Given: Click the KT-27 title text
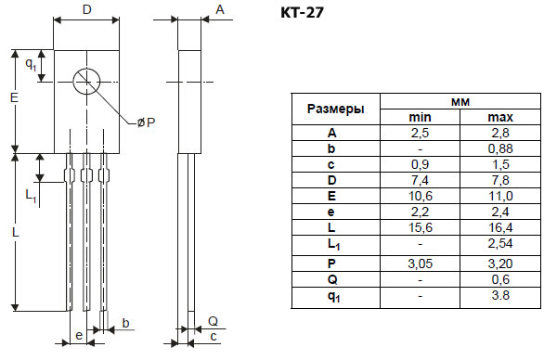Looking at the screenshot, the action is pos(302,13).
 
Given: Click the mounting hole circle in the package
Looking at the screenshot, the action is pos(86,69).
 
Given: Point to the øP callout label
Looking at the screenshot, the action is pos(147,122).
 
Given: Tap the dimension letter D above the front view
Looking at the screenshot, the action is pos(87,9).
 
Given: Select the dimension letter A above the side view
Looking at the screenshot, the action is pos(220,9).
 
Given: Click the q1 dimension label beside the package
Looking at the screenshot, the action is pos(31,64).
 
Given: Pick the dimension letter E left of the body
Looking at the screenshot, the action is pos(14,97).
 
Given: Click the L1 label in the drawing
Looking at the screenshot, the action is pos(31,196).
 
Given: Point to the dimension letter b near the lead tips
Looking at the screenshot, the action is pos(125,323).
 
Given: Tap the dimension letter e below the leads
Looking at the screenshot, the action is pos(79,335).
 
